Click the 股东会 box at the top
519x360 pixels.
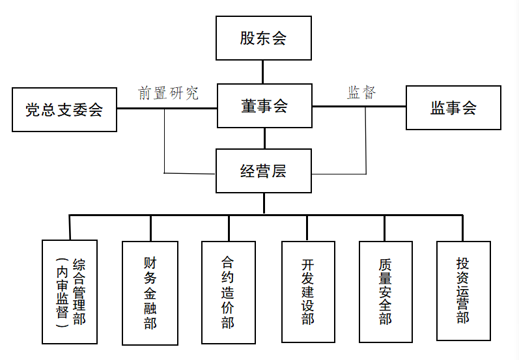tap(264, 38)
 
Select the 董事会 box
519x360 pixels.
tap(264, 106)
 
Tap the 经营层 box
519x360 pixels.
tap(264, 171)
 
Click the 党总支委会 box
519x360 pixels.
tap(64, 109)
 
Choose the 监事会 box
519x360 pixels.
tap(453, 107)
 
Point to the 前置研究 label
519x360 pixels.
tap(168, 93)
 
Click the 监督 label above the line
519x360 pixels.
tap(361, 92)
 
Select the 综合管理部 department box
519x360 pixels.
tap(69, 292)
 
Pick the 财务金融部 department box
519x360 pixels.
tap(150, 293)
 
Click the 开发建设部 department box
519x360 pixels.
tap(308, 292)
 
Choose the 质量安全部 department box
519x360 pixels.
tap(386, 292)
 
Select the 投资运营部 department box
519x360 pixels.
tap(462, 290)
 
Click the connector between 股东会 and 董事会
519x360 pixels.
tap(263, 72)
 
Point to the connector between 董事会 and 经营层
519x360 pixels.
tap(264, 139)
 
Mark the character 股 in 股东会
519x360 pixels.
tap(248, 38)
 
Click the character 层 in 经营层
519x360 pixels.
tap(279, 171)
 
